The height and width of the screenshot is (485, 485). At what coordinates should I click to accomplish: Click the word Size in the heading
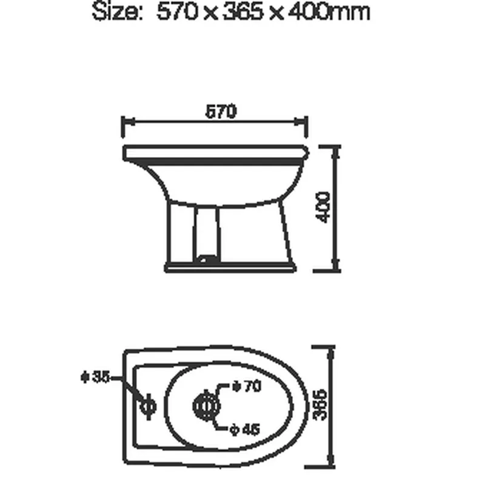(x=115, y=12)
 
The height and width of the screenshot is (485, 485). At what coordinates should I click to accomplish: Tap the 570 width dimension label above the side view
(x=219, y=112)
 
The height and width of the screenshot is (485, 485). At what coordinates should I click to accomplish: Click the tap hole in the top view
(x=147, y=404)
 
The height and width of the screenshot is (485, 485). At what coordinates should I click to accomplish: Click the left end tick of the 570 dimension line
(x=123, y=127)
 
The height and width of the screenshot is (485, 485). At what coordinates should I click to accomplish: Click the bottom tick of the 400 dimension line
(x=333, y=270)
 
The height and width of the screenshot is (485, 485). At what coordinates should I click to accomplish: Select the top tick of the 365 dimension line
(x=331, y=347)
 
